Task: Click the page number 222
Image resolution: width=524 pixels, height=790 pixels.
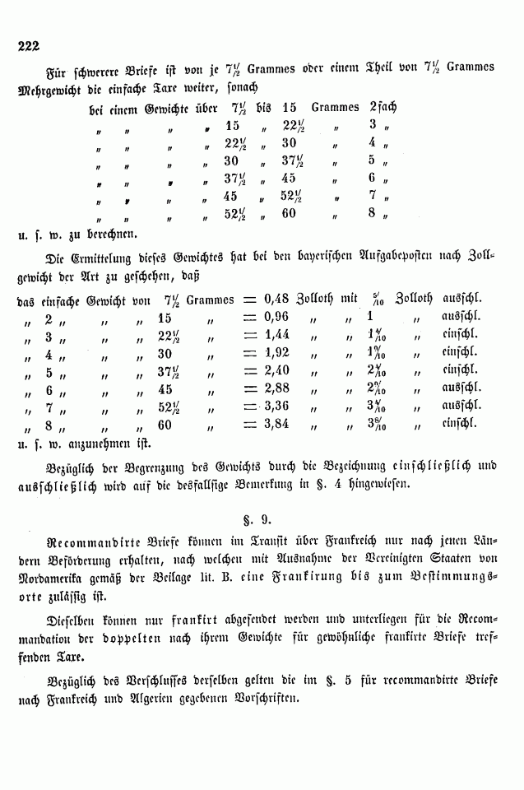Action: tap(29, 46)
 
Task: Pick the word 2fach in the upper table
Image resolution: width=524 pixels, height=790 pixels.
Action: tap(384, 107)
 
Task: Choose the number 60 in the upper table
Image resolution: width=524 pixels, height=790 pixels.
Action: tap(288, 214)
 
